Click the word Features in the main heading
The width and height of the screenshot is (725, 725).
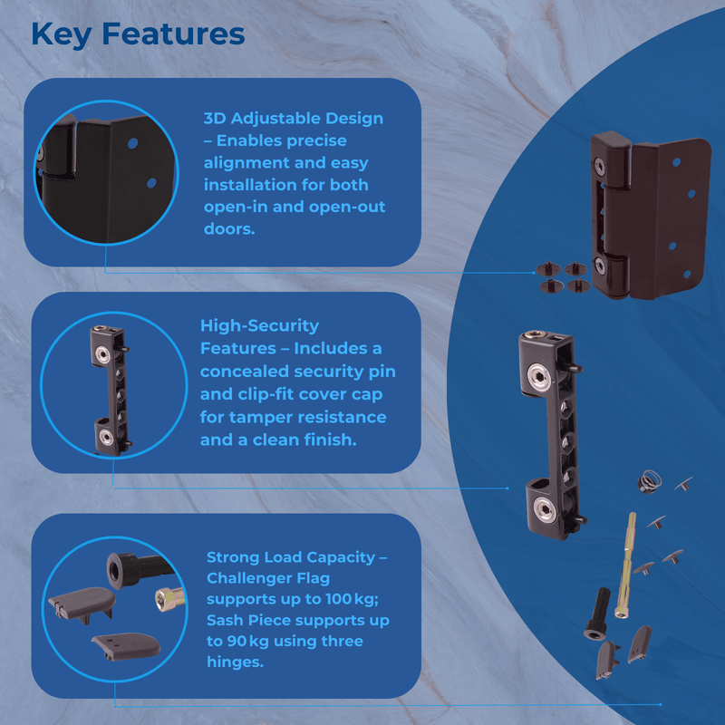point(172,34)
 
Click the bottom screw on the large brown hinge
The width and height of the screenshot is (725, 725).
point(601,266)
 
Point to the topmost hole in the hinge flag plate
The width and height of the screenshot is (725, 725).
point(674,162)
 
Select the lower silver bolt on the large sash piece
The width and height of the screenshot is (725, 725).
point(545,508)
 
